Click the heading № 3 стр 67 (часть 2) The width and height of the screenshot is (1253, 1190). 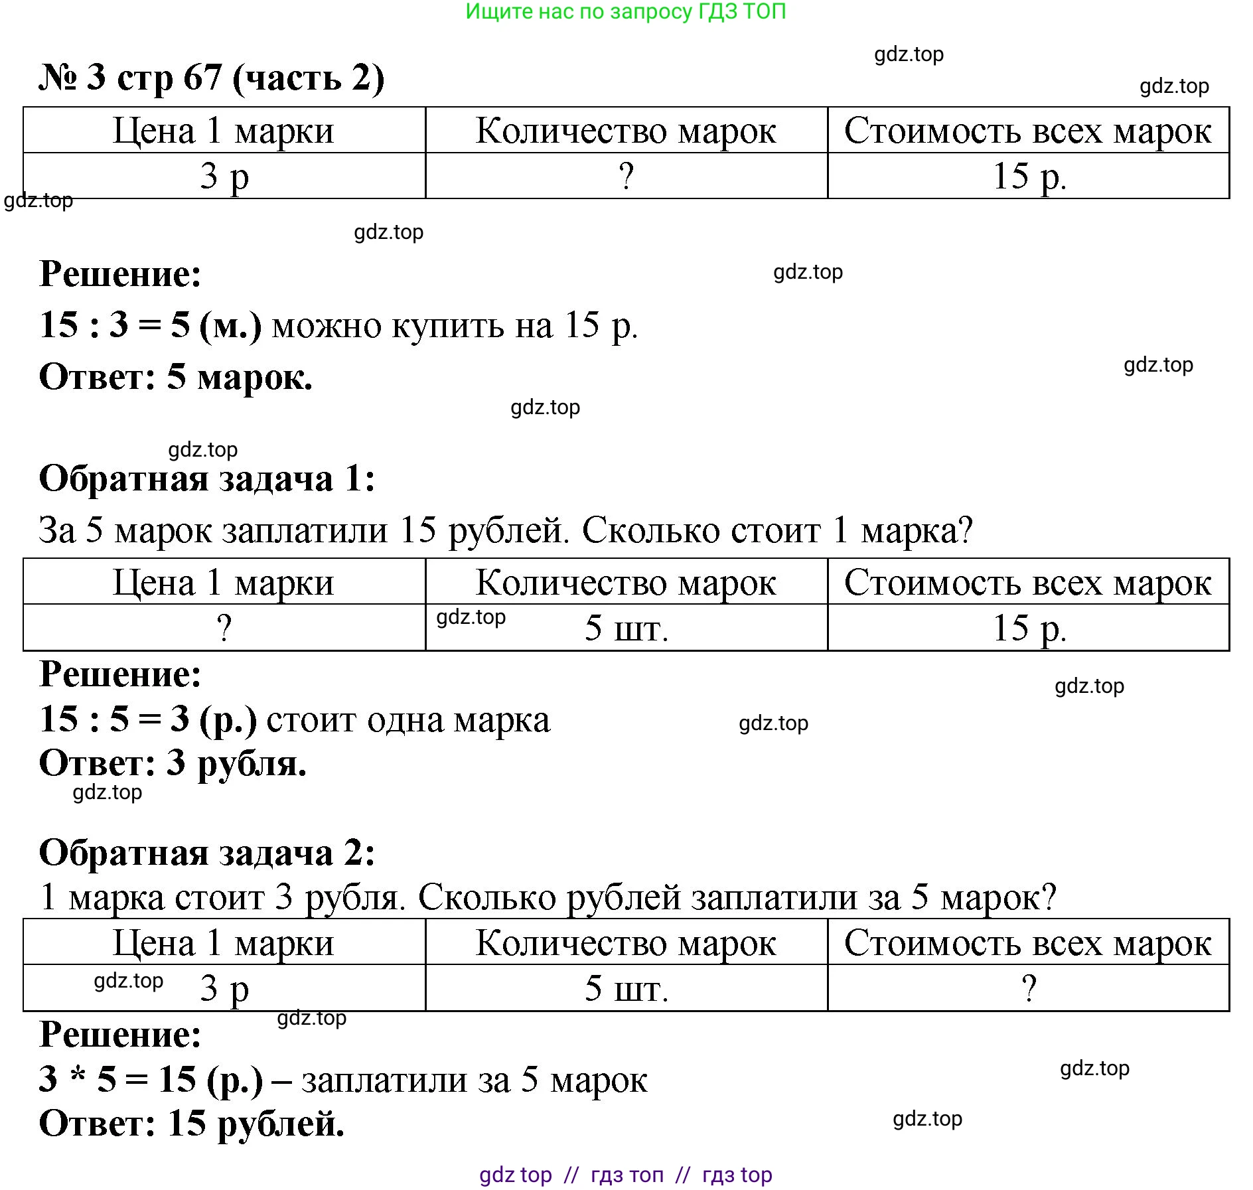coord(212,78)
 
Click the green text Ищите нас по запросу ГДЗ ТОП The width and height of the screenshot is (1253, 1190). coord(625,11)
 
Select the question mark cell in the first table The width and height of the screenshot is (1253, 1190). coord(626,177)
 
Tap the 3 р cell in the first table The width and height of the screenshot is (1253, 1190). coord(224,177)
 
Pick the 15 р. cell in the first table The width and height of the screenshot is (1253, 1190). coord(1029,177)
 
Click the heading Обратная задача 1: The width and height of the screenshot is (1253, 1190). coord(207,479)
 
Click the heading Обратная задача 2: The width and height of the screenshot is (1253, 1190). coord(207,853)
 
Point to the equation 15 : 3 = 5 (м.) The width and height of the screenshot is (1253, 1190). coord(151,325)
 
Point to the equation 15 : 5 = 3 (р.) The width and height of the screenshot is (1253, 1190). coord(148,719)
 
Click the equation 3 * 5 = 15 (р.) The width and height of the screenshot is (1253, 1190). coord(151,1079)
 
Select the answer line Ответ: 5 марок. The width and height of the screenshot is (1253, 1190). coord(176,377)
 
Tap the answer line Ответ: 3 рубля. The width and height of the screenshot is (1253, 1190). coord(173,763)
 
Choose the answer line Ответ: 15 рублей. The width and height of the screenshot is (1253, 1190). coord(192,1124)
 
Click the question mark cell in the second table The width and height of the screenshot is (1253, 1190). coord(224,628)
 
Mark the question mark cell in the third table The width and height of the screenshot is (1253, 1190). coord(1029,988)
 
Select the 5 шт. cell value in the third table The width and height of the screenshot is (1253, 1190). coord(626,988)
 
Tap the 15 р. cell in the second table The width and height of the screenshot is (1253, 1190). coord(1029,628)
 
